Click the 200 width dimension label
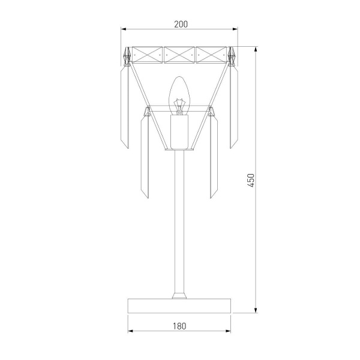coord(181,24)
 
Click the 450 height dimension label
coord(251,181)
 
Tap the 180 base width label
coord(179,326)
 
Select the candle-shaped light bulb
coord(179,95)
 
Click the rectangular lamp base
coord(179,306)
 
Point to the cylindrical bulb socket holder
coord(179,131)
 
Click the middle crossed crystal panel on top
coord(179,55)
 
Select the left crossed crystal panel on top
coord(147,55)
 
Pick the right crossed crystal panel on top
coord(211,55)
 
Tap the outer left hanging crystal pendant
coord(125,107)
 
